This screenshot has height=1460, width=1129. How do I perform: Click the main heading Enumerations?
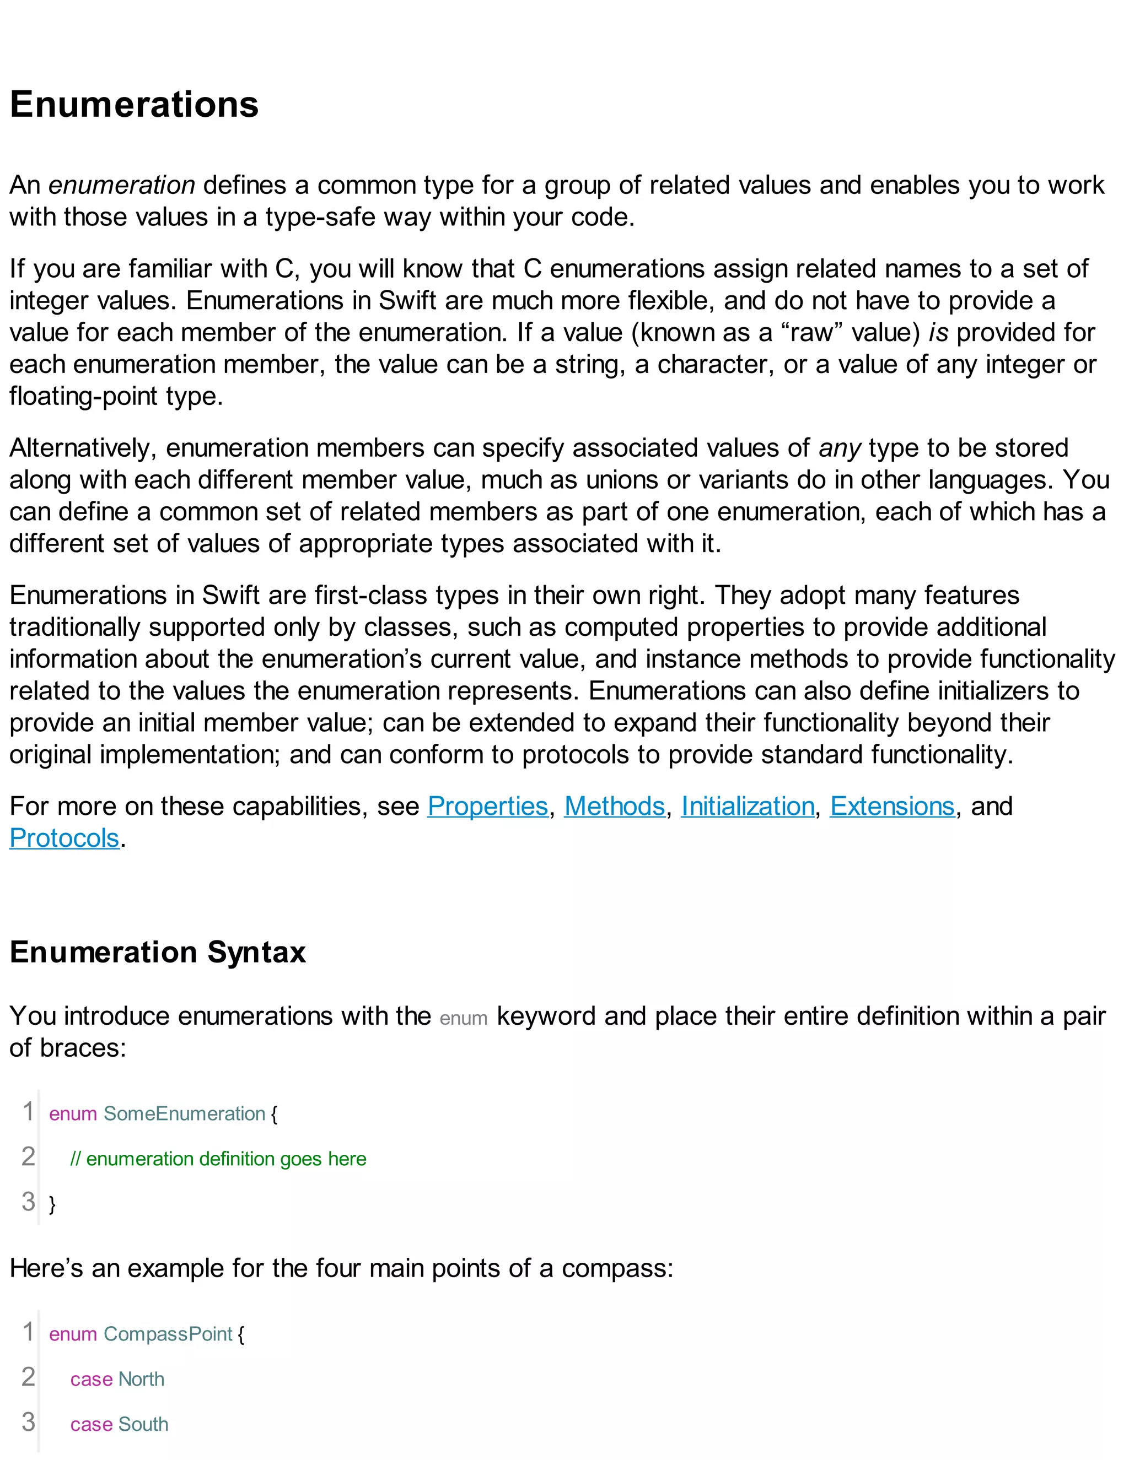tap(134, 105)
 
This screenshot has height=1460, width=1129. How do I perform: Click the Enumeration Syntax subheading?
tap(158, 952)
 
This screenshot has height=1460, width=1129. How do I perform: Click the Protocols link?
tap(64, 839)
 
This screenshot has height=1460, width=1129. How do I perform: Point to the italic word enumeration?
tap(122, 185)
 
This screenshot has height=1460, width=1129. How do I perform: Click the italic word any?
tap(840, 448)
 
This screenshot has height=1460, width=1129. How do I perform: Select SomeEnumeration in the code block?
tap(185, 1113)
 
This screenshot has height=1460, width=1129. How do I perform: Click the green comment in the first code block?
tap(218, 1159)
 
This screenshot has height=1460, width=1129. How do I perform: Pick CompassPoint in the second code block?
tap(168, 1334)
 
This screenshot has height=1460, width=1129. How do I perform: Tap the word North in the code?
tap(141, 1379)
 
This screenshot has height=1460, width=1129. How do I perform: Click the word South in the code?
tap(143, 1424)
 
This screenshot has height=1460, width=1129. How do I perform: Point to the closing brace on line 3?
tap(52, 1204)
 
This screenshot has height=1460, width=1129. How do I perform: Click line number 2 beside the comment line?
tap(28, 1156)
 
